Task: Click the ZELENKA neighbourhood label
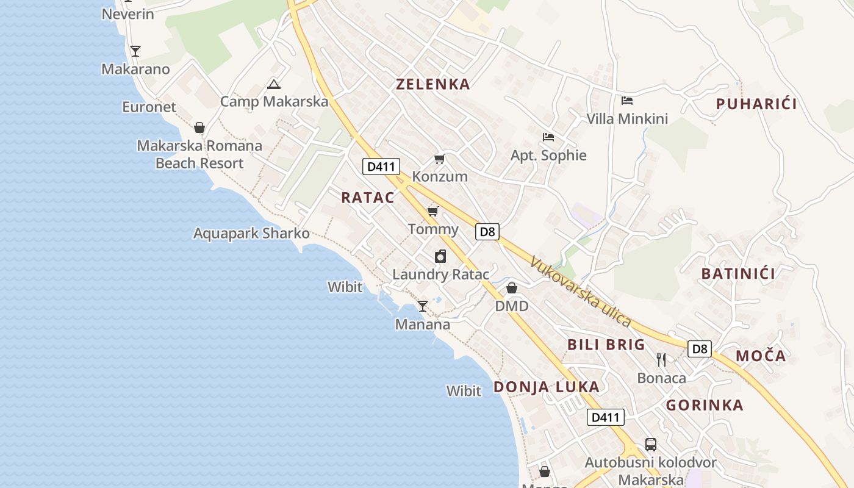coord(433,84)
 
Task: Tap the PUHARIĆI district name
coord(756,104)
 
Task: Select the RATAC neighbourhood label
coord(367,198)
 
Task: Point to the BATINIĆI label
coord(738,273)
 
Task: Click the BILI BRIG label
coord(606,345)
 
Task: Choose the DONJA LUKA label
coord(546,387)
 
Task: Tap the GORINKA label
coord(705,405)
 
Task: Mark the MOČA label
coord(761,356)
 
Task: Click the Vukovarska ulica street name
coord(580,292)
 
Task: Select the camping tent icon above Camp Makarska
coord(273,85)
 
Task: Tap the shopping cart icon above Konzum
coord(439,159)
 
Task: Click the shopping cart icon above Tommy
coord(433,212)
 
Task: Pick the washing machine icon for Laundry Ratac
coord(440,257)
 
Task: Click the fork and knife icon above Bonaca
coord(661,360)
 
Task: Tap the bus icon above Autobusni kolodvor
coord(651,445)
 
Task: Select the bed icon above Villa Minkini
coord(627,101)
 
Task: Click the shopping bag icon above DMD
coord(512,288)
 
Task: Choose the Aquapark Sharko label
coord(251,234)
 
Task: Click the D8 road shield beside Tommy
coord(487,232)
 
